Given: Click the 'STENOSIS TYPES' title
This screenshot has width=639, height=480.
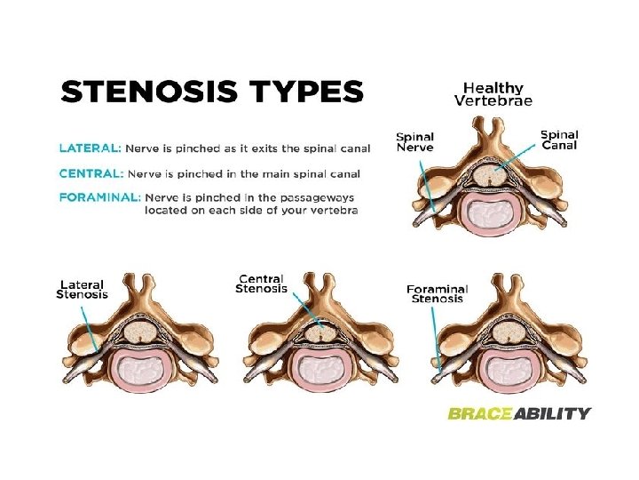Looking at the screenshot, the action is point(211,92).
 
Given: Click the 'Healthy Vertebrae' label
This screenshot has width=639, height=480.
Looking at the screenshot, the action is point(493,93).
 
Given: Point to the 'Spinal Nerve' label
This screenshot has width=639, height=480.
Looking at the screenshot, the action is point(414,142).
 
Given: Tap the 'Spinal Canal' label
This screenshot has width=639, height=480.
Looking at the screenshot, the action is point(559,140).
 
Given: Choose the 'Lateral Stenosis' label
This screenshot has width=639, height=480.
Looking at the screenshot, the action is point(82,288).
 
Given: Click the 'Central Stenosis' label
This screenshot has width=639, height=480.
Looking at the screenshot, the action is point(261,284).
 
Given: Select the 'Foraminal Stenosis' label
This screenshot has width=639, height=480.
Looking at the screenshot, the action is point(437,293).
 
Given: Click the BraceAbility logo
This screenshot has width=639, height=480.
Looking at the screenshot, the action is point(518,412).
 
